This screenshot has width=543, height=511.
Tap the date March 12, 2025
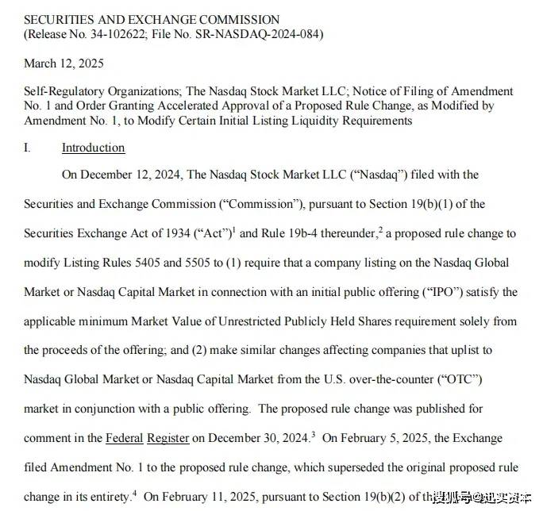(x=64, y=63)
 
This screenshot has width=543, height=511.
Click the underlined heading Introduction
(x=93, y=148)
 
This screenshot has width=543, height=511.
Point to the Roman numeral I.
(x=27, y=148)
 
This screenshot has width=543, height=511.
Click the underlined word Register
(x=168, y=438)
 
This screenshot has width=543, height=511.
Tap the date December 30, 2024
(x=260, y=438)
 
